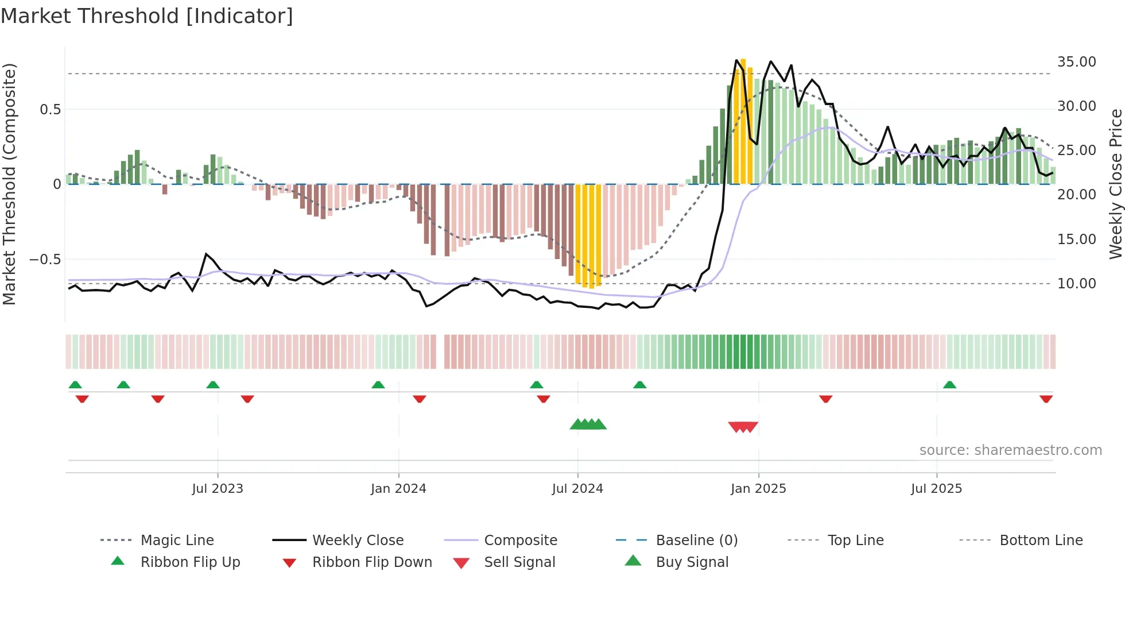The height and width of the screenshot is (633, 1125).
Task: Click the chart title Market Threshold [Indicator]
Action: tap(147, 16)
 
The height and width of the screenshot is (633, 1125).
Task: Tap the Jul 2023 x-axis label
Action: tap(218, 489)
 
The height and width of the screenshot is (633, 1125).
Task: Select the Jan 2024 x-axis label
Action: tap(398, 489)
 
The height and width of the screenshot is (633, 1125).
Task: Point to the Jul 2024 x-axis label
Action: tap(577, 489)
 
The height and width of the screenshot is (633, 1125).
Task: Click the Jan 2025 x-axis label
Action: tap(758, 489)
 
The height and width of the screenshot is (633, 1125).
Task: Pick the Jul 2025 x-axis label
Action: tap(936, 489)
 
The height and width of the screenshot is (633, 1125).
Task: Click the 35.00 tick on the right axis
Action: tap(1076, 62)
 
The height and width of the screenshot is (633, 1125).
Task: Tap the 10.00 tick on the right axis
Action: tap(1076, 284)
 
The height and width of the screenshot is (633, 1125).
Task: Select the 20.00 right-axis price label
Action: tap(1076, 195)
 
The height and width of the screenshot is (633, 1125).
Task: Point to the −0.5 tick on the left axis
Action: tap(45, 260)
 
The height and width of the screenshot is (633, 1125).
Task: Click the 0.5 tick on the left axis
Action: tap(50, 110)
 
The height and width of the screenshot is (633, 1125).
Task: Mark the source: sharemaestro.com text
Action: tap(1010, 450)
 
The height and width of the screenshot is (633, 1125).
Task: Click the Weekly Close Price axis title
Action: tap(1115, 184)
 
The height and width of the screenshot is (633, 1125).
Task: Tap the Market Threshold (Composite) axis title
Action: tap(9, 184)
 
